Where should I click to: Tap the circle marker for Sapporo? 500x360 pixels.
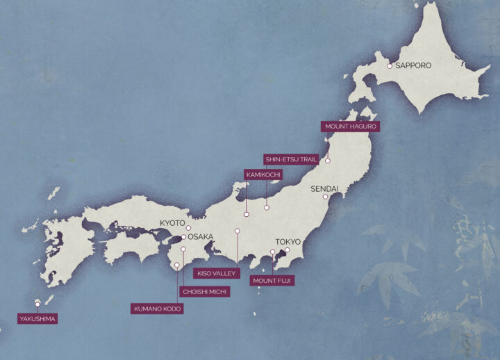390,66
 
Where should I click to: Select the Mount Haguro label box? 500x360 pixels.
350,126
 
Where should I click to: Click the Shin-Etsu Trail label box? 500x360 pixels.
291,159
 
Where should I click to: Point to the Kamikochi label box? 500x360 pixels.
263,174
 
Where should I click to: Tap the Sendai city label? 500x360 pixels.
324,188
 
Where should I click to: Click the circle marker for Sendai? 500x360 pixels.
324,197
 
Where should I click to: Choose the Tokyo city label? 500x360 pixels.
288,242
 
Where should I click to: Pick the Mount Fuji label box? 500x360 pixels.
272,281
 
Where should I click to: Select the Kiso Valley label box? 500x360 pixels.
217,273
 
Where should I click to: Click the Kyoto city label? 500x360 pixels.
172,222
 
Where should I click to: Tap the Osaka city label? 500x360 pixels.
200,236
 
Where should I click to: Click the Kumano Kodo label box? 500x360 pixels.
157,309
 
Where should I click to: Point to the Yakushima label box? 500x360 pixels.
37,319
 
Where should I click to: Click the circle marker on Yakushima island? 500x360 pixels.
37,304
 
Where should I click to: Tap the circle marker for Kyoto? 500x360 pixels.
188,227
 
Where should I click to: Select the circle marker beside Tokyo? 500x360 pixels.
287,249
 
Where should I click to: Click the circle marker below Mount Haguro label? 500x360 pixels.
328,161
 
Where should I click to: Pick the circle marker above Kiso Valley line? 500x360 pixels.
237,231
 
